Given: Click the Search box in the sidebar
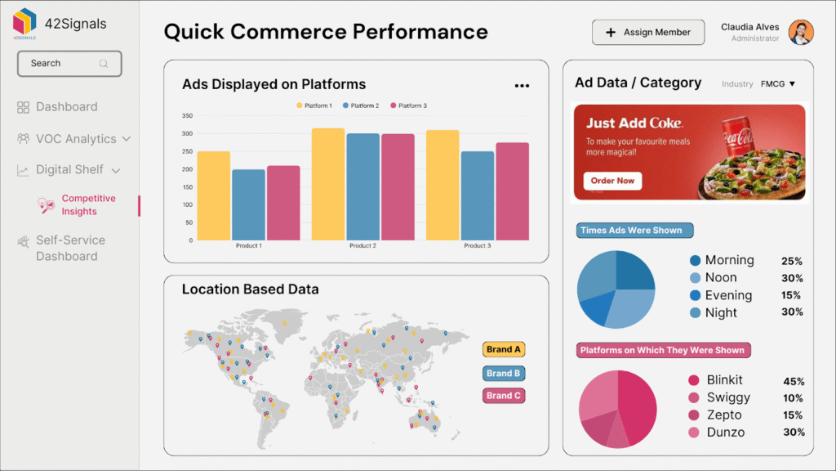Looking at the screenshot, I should point(69,64).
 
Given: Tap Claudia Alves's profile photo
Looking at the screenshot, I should point(801,33).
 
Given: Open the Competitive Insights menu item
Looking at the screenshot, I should point(88,205).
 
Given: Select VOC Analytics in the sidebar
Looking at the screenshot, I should point(75,139).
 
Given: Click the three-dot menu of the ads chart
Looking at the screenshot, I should point(522,86).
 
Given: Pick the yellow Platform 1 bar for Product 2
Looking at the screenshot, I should point(328,184).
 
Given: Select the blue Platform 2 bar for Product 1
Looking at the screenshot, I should point(248,204).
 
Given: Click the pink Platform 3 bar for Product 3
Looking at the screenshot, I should point(513,191).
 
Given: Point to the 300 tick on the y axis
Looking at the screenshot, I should point(187,133).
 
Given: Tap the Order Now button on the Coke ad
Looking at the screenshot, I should point(612,181).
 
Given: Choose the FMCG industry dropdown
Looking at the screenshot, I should point(778,84).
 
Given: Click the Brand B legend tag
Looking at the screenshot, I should point(503,374).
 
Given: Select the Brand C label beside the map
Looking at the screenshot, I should point(503,396).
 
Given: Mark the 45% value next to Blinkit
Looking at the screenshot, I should point(794,382).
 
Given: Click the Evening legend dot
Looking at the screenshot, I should point(695,295).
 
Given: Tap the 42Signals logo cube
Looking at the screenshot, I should point(24,20).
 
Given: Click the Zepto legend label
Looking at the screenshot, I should point(724,415).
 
